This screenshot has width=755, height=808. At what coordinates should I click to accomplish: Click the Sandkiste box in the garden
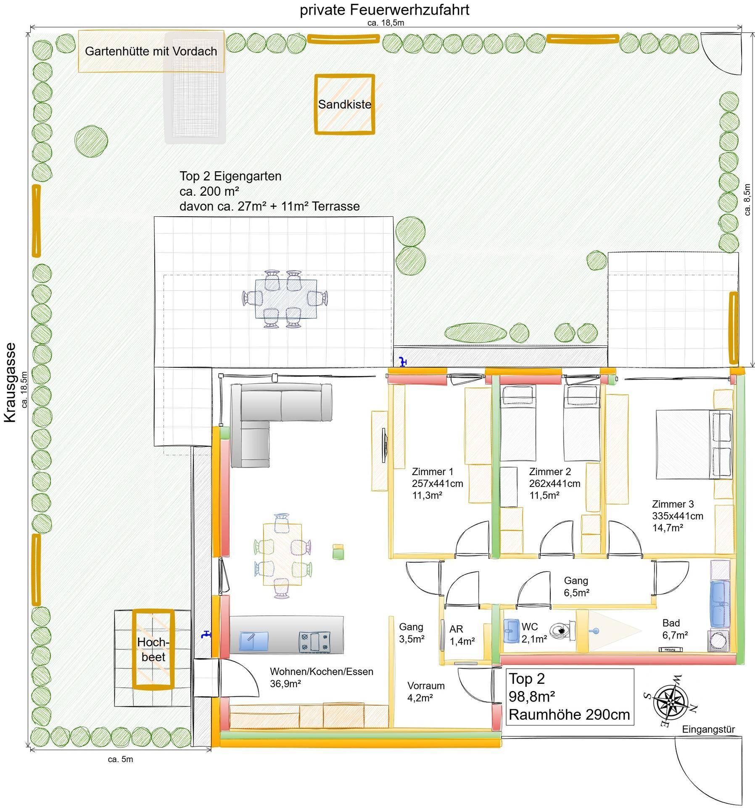click(x=344, y=104)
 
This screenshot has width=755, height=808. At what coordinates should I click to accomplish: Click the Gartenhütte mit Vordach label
click(x=151, y=51)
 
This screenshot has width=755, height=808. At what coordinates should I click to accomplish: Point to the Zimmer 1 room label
click(x=437, y=484)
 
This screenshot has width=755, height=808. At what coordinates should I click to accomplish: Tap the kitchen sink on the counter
click(x=253, y=641)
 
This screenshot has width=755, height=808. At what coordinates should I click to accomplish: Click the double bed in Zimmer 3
click(x=694, y=444)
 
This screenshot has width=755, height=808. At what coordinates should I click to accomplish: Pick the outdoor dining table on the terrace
click(x=286, y=299)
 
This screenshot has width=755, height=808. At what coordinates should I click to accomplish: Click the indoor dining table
click(x=282, y=554)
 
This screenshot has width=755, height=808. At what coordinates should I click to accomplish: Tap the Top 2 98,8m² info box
click(x=570, y=697)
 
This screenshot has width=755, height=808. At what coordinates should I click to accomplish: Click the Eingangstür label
click(x=708, y=729)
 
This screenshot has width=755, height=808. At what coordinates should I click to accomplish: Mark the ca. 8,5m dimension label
click(x=747, y=199)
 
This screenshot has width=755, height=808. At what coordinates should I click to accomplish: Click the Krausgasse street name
click(x=10, y=382)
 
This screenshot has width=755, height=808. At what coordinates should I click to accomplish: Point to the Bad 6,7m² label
click(x=675, y=629)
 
